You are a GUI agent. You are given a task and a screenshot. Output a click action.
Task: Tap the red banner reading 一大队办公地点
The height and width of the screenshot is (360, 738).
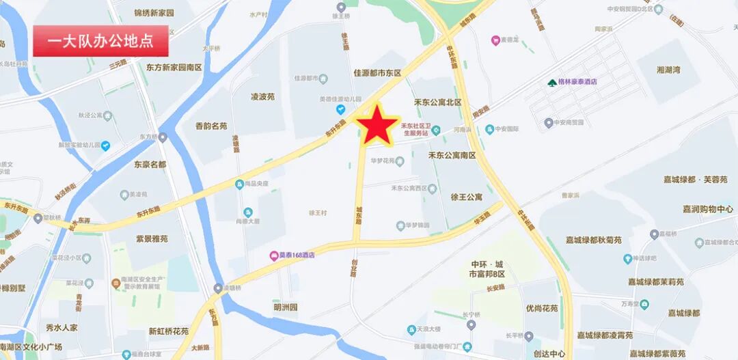pos(100,42)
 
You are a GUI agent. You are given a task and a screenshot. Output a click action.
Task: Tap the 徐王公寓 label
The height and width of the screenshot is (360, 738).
pos(467,197)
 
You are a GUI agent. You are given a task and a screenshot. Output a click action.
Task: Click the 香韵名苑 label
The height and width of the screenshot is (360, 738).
pos(201,126)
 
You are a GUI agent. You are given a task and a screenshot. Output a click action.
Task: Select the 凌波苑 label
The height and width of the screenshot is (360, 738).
pos(262,97)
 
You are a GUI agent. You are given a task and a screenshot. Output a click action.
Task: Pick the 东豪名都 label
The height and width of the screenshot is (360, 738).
pos(150,164)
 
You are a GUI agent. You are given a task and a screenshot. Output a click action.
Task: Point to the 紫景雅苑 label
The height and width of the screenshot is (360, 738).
pos(152,238)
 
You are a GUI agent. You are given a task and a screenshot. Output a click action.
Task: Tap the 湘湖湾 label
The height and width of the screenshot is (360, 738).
pos(668,70)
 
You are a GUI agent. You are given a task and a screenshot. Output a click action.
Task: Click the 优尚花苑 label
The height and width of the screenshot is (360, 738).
pos(542,308)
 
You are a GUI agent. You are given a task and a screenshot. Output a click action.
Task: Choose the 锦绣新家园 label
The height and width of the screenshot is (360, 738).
pos(154,13)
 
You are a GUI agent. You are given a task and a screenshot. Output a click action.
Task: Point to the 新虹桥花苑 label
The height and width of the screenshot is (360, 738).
pos(169,331)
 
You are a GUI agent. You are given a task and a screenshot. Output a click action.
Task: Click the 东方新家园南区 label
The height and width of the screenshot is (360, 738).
pos(174,67)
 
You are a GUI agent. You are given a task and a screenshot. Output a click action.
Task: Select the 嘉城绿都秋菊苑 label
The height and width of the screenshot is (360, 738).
pos(594,240)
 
